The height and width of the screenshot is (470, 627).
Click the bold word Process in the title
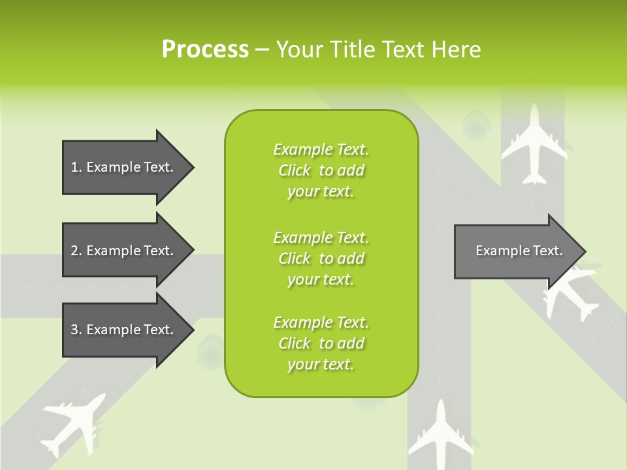[x=205, y=50]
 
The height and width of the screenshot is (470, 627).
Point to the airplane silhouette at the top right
[x=534, y=145]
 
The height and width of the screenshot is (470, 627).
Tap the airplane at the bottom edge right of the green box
[x=440, y=436]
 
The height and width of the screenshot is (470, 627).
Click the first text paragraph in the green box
[x=321, y=170]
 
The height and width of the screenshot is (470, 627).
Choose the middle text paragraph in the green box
[x=321, y=258]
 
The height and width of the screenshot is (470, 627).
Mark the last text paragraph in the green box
[x=321, y=343]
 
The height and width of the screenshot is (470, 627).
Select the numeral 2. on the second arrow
[x=76, y=251]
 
